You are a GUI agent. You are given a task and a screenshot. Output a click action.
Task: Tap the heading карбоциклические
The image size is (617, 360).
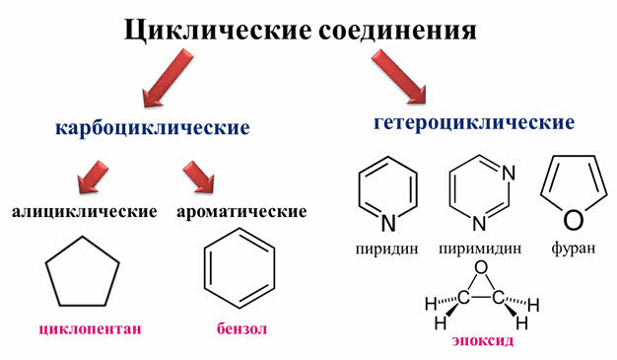coord(153,128)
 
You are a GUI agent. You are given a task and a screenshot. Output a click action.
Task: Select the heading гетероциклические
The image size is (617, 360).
coord(474,122)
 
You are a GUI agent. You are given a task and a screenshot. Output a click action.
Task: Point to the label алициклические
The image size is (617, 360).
coord(85,212)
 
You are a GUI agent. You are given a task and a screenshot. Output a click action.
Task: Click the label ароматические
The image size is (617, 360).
coord(241,212)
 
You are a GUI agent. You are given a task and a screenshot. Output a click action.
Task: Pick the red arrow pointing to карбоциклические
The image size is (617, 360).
coord(168,78)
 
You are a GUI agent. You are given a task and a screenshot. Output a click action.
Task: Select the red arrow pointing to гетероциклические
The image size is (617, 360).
coord(399,76)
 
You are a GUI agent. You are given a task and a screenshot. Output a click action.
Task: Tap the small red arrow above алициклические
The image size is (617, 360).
coord(93,177)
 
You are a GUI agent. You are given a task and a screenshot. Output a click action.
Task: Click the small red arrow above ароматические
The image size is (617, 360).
coord(199,177)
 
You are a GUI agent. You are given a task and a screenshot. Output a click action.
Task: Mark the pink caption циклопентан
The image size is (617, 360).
coord(90,328)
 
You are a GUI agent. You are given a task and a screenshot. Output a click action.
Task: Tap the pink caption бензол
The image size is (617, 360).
coord(241,328)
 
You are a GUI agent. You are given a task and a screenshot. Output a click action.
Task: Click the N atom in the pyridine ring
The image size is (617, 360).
coord(388,223)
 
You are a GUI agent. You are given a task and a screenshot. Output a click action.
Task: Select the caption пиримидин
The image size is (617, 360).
coord(480,249)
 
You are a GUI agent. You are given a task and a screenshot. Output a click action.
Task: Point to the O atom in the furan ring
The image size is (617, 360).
coord(574,220)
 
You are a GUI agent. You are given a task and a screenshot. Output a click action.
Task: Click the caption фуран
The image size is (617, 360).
coord(574,248)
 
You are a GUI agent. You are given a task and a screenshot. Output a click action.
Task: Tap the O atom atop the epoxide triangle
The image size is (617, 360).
coord(481,268)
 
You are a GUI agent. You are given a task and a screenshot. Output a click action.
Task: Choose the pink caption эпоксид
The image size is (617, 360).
coord(482,340)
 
